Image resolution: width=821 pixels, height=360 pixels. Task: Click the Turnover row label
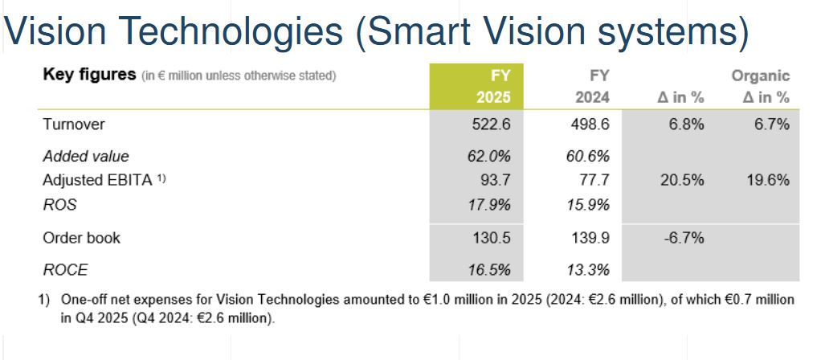(75, 125)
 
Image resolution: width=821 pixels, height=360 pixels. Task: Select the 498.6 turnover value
(590, 125)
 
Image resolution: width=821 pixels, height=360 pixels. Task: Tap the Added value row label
(86, 157)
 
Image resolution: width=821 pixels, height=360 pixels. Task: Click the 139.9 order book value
(590, 238)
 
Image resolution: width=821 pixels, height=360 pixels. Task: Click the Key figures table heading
(88, 76)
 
